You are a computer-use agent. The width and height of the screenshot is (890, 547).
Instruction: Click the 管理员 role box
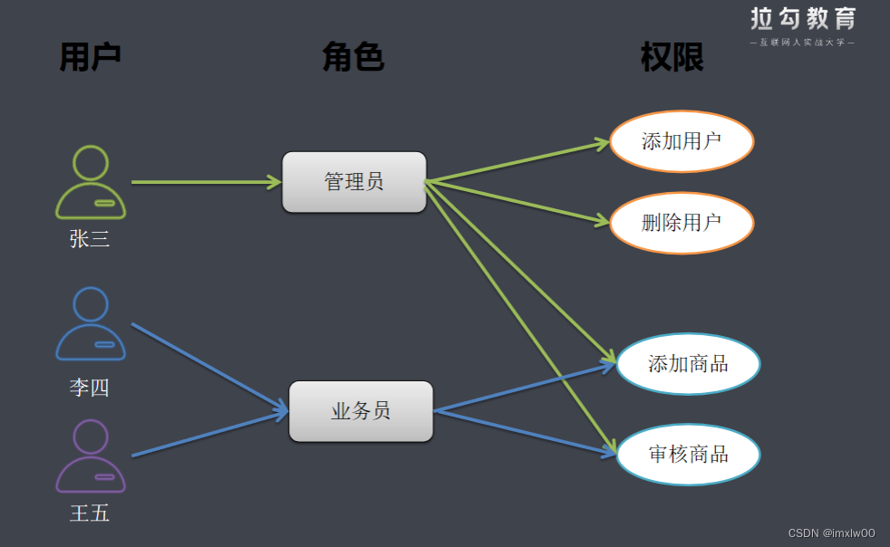point(353,182)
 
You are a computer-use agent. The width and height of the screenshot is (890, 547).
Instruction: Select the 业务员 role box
point(361,411)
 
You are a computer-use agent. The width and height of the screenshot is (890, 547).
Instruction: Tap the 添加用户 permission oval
point(682,141)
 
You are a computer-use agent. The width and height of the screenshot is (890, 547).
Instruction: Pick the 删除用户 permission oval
point(682,222)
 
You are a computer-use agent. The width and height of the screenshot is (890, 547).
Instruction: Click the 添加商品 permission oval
point(688,364)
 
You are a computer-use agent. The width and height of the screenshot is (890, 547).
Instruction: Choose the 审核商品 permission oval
point(688,454)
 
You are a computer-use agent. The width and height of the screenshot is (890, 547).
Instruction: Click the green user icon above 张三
point(91,182)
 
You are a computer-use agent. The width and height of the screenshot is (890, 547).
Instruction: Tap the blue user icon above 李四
point(91,323)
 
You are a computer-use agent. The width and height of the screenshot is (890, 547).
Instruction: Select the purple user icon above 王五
point(91,456)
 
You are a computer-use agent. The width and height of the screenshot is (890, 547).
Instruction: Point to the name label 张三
point(90,239)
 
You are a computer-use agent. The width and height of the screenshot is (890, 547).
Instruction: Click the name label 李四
point(90,388)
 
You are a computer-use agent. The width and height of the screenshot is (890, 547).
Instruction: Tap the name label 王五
point(90,513)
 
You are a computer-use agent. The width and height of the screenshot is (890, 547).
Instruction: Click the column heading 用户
point(90,57)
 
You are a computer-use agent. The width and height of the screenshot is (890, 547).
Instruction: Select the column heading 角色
point(353,57)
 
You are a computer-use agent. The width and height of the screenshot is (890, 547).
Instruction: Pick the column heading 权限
point(672,58)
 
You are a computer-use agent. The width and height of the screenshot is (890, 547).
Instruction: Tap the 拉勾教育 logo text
point(803,19)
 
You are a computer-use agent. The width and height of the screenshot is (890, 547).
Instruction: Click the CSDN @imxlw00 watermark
point(831,533)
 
